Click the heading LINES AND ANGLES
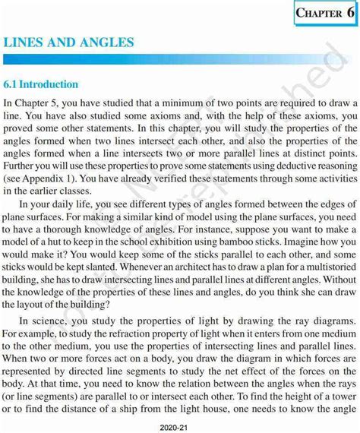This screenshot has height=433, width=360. tap(69, 43)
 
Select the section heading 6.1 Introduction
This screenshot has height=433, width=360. tap(41, 84)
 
